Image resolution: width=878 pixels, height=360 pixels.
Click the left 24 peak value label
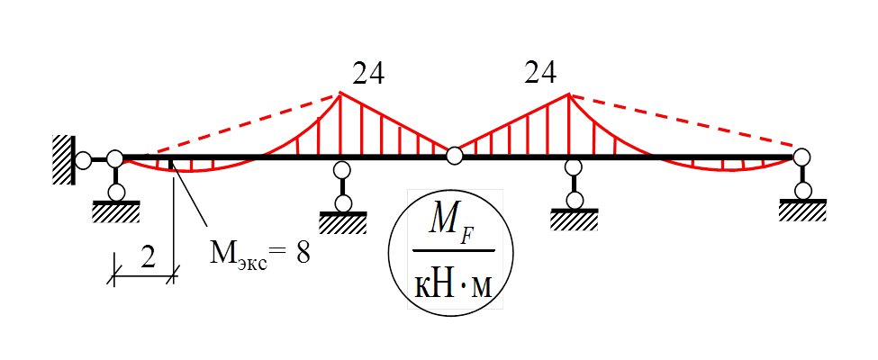tap(369, 73)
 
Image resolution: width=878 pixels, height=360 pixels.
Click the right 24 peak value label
tap(540, 73)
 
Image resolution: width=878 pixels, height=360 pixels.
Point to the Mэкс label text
tap(239, 255)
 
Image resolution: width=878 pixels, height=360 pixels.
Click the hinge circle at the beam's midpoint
tap(455, 156)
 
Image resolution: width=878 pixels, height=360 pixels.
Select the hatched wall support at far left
tap(62, 159)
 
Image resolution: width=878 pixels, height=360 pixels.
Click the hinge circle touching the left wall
tap(83, 160)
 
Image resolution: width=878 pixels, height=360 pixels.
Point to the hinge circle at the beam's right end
tap(802, 157)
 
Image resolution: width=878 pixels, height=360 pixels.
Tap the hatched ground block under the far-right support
tap(803, 211)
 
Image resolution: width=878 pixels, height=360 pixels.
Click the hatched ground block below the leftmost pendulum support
tap(116, 212)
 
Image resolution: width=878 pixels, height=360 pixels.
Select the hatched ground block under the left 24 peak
tap(342, 221)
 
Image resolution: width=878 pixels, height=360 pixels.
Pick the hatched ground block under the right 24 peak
tap(575, 220)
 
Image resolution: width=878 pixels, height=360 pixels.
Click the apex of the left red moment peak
tap(340, 94)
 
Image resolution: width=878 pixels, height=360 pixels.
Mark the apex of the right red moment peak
tap(568, 94)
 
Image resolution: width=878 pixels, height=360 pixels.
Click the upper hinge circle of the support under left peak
tap(342, 169)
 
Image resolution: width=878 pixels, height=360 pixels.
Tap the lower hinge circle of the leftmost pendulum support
tap(115, 192)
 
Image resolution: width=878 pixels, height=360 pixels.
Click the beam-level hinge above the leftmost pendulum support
tap(115, 159)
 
